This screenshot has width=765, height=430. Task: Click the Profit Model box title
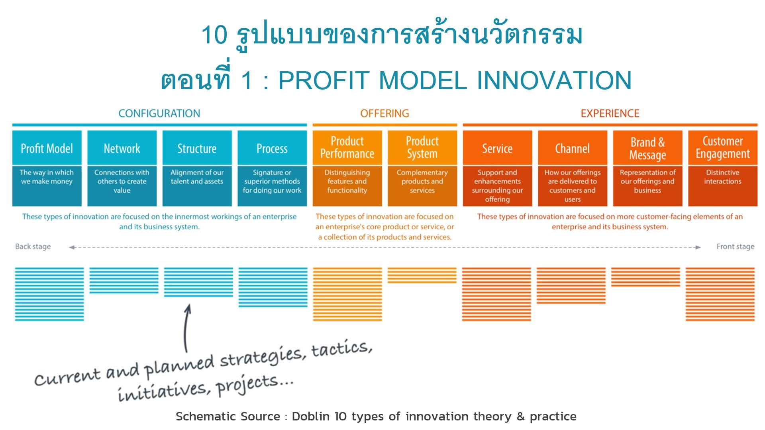click(47, 149)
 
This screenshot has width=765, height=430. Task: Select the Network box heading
click(122, 149)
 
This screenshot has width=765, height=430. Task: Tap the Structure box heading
click(197, 149)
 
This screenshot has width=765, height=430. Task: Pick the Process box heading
click(272, 149)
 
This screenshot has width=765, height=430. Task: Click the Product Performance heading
click(347, 147)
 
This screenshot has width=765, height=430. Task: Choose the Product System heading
click(422, 147)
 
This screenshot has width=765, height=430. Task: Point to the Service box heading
click(497, 149)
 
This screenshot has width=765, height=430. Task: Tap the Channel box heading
click(573, 149)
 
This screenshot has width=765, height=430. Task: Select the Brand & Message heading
click(647, 149)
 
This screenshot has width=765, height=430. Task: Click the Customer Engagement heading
click(723, 147)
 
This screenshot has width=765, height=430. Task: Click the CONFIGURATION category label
click(159, 113)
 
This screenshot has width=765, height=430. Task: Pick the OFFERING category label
click(384, 113)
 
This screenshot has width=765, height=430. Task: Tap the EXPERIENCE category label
click(610, 113)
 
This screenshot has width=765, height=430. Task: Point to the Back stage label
click(33, 246)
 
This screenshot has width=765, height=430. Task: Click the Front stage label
click(736, 246)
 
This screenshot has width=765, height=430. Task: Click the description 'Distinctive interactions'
click(723, 177)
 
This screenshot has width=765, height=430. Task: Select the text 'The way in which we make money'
click(47, 177)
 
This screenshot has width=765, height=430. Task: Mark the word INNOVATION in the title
click(554, 80)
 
